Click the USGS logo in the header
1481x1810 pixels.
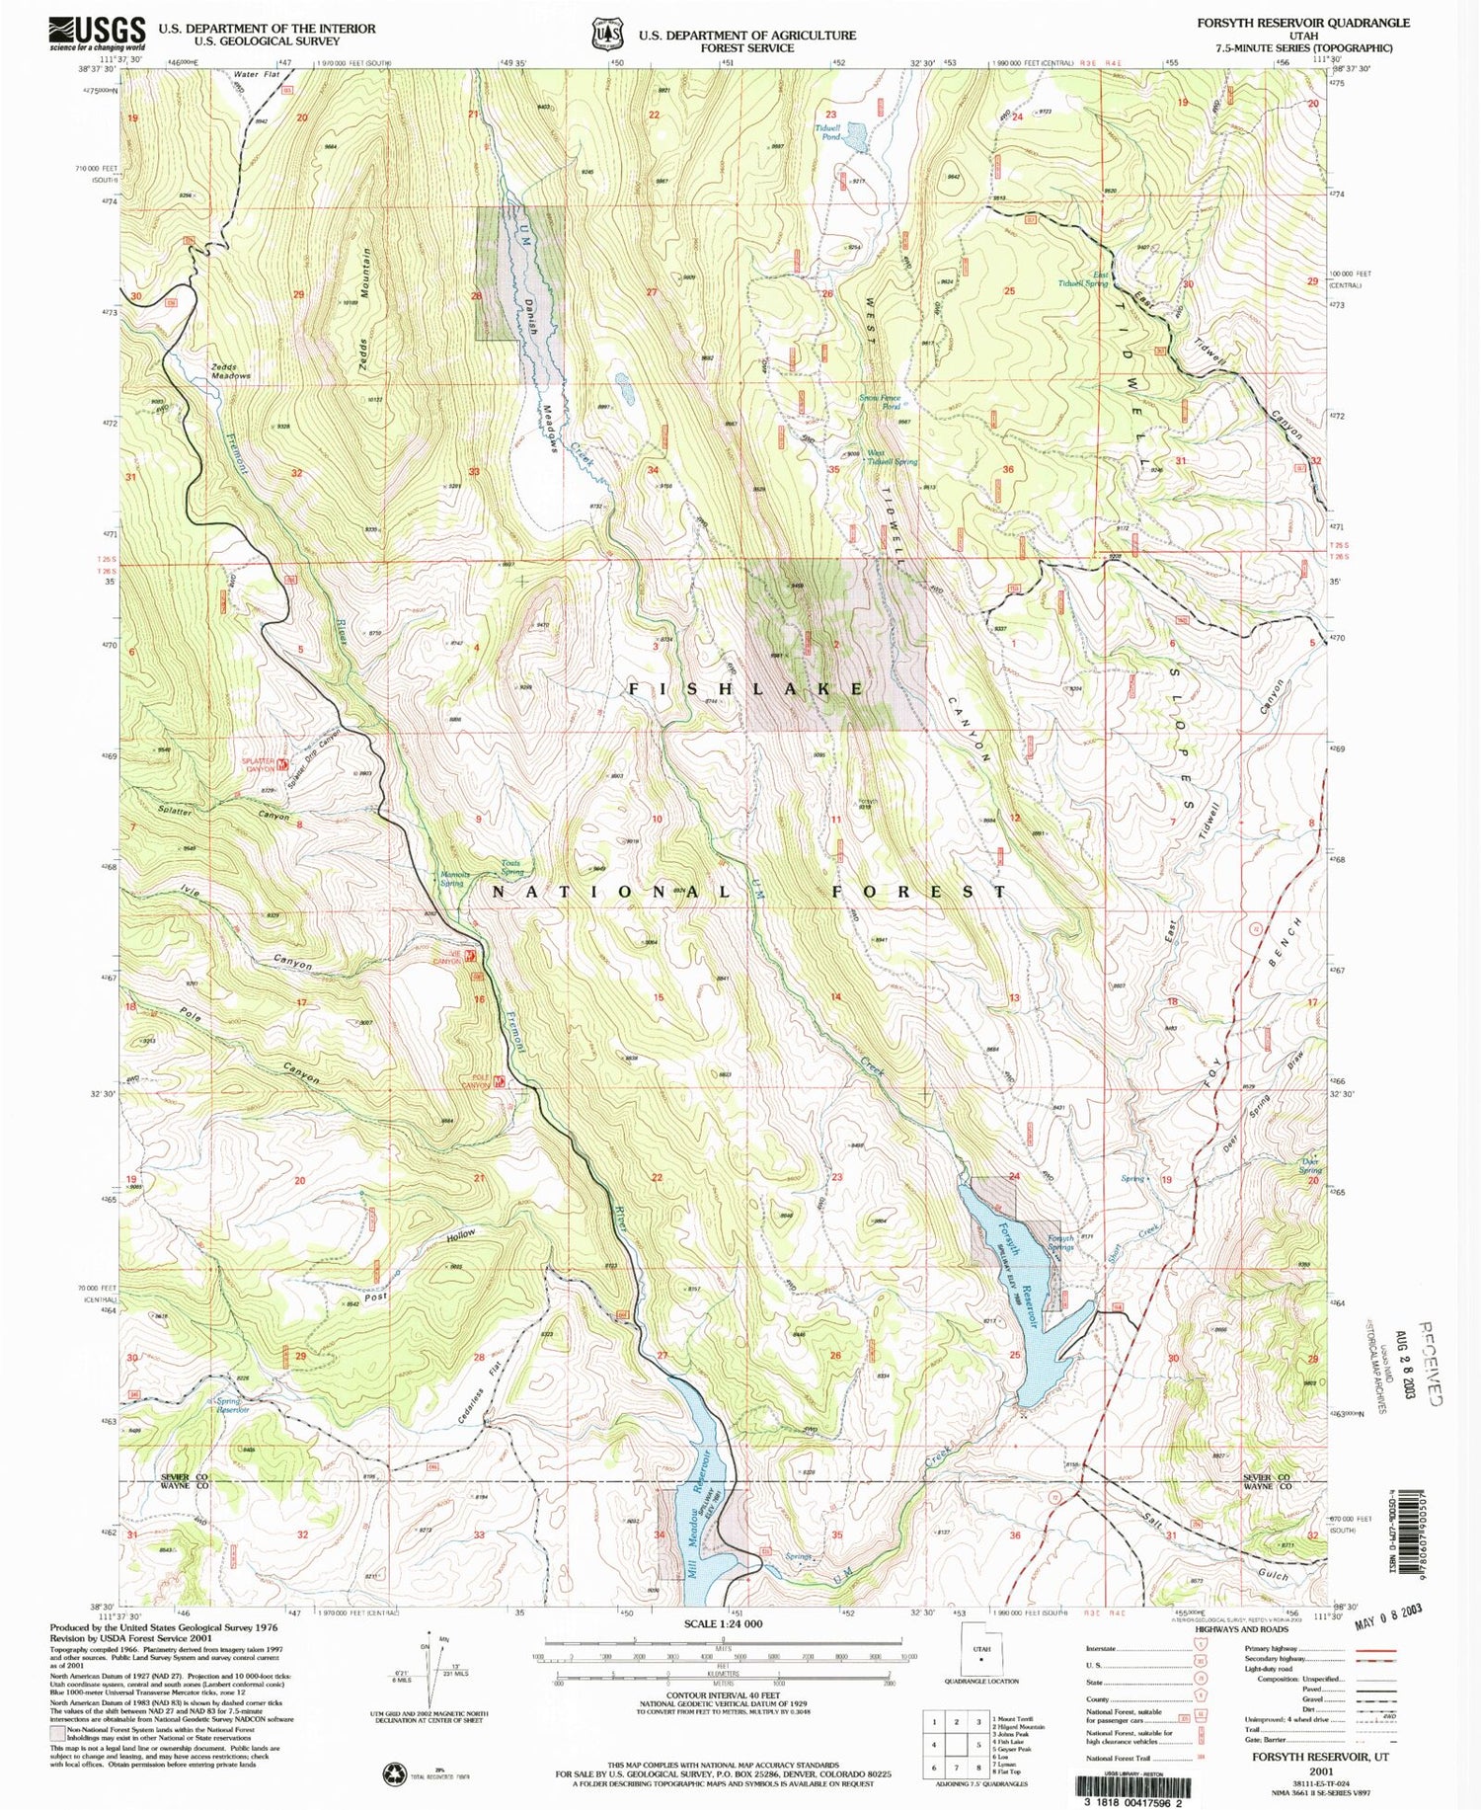[x=97, y=34]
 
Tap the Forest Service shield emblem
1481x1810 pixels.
[x=603, y=36]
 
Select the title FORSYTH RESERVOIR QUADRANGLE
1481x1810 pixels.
[x=1303, y=23]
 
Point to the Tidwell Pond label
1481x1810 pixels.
[x=827, y=132]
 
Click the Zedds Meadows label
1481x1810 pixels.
[x=231, y=371]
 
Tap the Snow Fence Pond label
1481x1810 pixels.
[x=879, y=402]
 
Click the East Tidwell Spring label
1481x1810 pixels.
[x=1083, y=279]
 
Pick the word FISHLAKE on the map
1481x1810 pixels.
[x=747, y=689]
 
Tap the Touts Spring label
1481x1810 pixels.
[x=511, y=867]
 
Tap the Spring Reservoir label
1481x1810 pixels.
[x=233, y=1405]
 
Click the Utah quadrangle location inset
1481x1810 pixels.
[x=980, y=1652]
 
